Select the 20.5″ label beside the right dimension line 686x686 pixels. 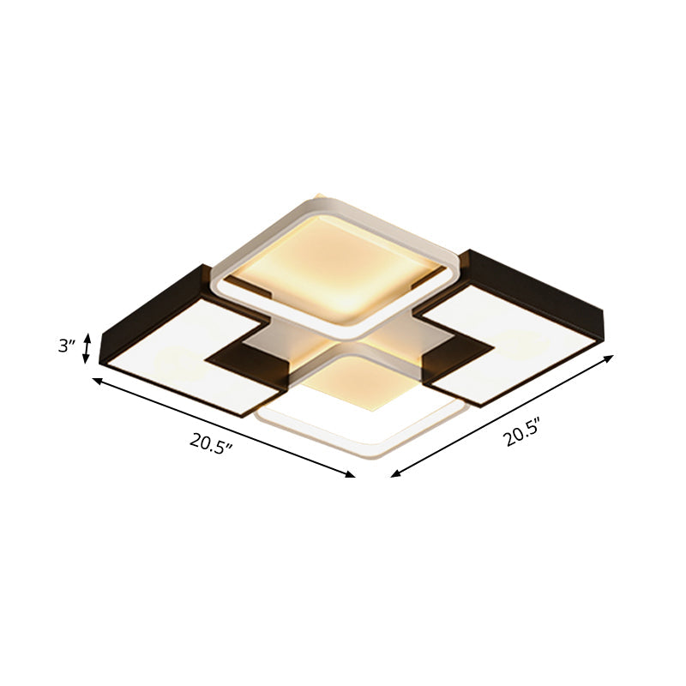tap(524, 433)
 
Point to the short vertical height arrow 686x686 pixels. tap(86, 349)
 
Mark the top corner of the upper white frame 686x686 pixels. tap(317, 197)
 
